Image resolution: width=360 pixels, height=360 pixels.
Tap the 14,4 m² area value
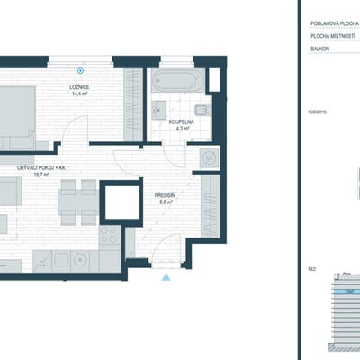point(85,92)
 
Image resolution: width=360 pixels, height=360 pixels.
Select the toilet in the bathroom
point(201,112)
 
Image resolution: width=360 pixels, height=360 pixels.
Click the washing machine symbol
point(210,156)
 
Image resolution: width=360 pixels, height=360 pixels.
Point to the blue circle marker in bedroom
point(82,69)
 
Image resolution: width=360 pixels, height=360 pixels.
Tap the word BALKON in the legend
point(320,49)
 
